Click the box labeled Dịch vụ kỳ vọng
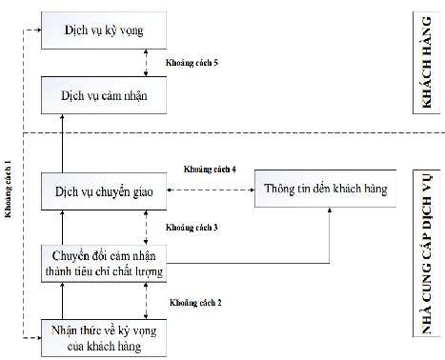pyautogui.click(x=104, y=31)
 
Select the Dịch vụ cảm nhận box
pyautogui.click(x=104, y=95)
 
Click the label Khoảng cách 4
pyautogui.click(x=211, y=169)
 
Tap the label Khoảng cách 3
pyautogui.click(x=192, y=228)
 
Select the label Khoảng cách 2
pyautogui.click(x=195, y=302)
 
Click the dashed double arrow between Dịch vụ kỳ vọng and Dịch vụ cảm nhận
pyautogui.click(x=144, y=63)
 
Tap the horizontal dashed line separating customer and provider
pyautogui.click(x=238, y=134)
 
